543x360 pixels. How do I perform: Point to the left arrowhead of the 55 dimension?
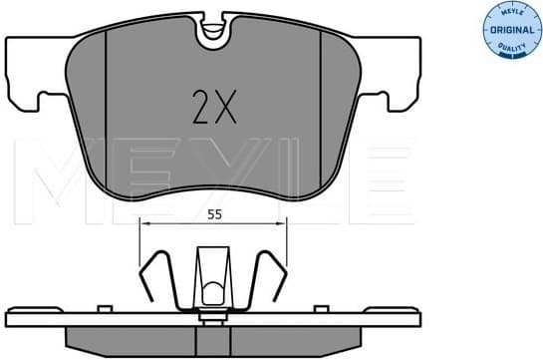pyautogui.click(x=145, y=225)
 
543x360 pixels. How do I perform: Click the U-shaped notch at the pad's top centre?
pyautogui.click(x=211, y=36)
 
